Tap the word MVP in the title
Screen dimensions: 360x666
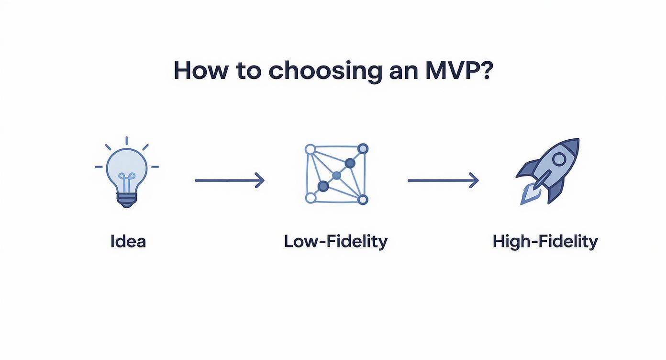click(x=453, y=71)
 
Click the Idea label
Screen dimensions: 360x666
click(x=128, y=241)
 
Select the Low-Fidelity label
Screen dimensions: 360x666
click(x=335, y=241)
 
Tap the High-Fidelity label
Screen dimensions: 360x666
click(x=545, y=241)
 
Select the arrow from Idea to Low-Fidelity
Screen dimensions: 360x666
click(x=230, y=180)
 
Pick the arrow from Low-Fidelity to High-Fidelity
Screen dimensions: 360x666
click(x=443, y=180)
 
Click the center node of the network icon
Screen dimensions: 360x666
click(x=336, y=176)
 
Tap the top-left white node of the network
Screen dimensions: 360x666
click(x=310, y=149)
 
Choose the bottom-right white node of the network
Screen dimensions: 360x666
click(x=362, y=199)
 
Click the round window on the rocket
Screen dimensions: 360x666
click(x=558, y=159)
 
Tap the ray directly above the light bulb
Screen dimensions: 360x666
click(x=127, y=140)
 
